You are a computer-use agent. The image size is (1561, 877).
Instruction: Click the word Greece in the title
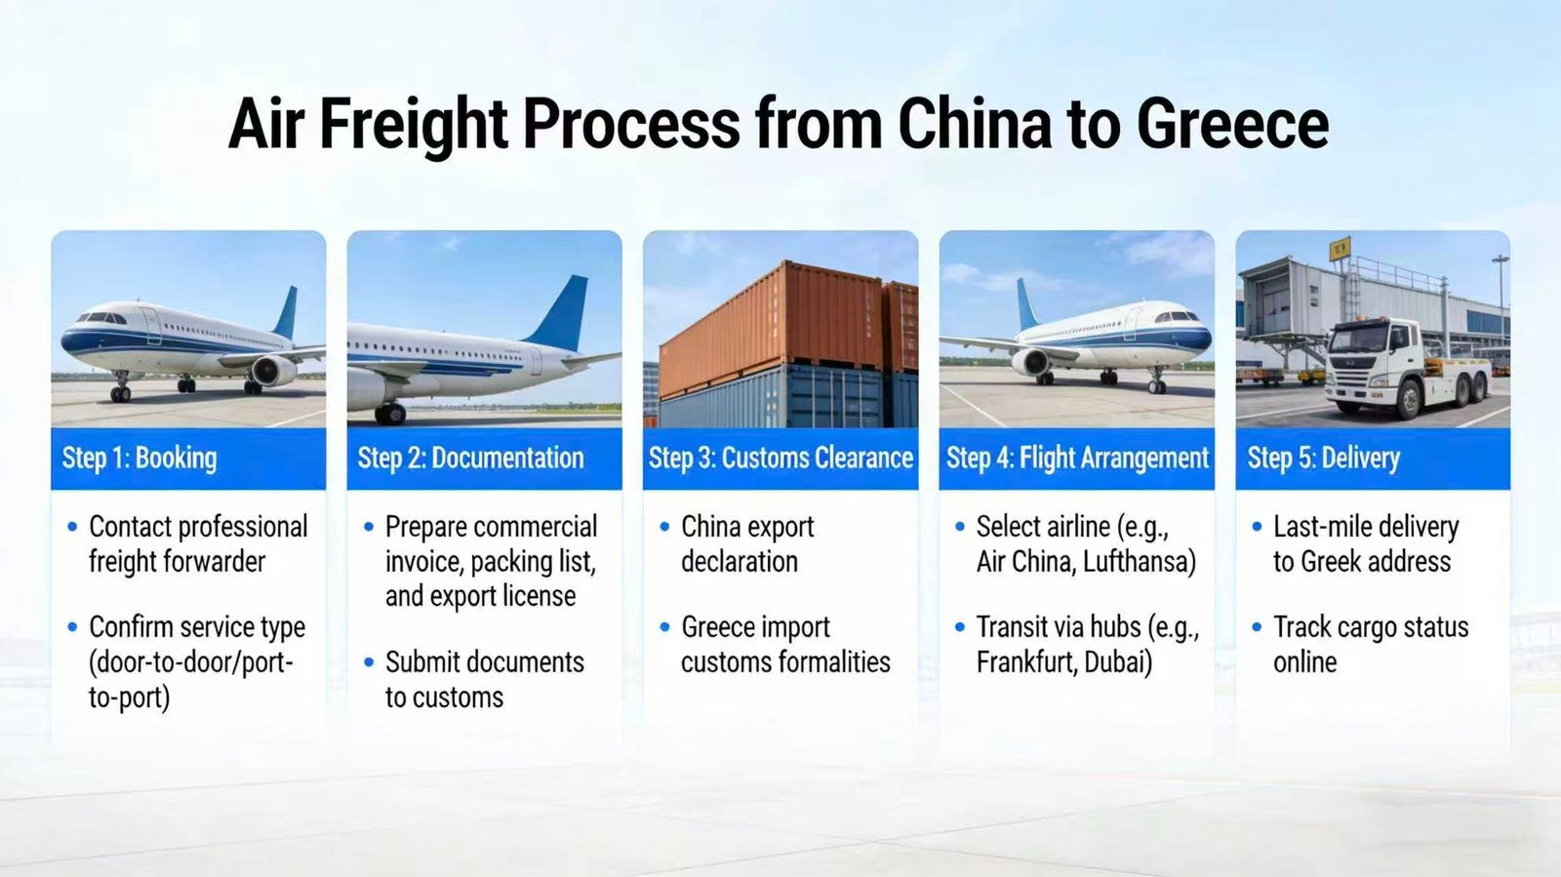coord(1232,123)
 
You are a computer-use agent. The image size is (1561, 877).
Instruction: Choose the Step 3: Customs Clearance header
coord(780,458)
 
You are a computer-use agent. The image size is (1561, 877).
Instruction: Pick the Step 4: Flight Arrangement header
coord(1077,458)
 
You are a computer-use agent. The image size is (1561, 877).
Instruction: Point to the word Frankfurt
coord(1019,661)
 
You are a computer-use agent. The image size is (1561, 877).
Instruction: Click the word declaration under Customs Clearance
coord(740,562)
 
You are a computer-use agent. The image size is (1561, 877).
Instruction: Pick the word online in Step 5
coord(1304,661)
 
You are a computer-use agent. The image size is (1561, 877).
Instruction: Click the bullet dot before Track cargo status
coord(1257,627)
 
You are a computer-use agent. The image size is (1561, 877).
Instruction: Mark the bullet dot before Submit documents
coord(369,661)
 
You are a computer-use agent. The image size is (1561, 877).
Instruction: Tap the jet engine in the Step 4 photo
coord(1030,362)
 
